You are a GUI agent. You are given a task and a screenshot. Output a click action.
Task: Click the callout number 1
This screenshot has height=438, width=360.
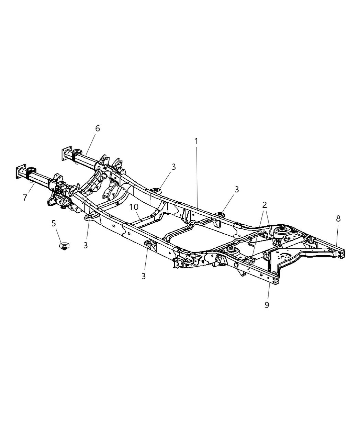196,141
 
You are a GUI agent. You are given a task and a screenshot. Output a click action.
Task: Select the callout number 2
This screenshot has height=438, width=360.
264,205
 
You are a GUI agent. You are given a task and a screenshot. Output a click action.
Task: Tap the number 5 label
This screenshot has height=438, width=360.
54,223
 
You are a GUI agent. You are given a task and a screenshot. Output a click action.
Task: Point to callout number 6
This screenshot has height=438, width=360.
98,128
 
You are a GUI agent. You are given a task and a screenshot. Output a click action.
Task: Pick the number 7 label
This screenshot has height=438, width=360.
25,198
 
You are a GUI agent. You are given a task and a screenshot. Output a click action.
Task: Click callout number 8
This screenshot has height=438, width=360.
338,218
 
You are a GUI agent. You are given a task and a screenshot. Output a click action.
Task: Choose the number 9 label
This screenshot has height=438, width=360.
267,305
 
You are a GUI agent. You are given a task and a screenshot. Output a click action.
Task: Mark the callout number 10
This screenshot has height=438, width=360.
134,207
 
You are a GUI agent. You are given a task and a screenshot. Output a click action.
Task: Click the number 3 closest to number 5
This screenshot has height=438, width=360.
86,245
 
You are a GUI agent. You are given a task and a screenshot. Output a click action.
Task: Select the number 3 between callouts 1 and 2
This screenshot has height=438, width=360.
237,189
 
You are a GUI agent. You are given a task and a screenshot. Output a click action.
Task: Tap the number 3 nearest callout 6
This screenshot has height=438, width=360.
174,167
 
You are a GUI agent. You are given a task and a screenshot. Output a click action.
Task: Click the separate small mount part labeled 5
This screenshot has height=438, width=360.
64,246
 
